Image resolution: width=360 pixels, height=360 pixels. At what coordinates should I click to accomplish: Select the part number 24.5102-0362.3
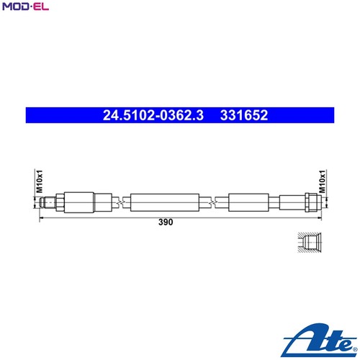(x=154, y=114)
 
